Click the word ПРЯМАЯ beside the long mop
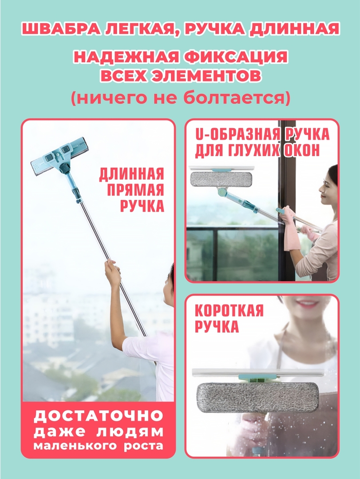(135, 190)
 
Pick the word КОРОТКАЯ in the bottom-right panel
(229, 310)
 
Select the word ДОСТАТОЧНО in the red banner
(98, 416)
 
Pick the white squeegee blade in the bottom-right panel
(257, 373)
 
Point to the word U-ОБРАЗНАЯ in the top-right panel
(237, 135)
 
